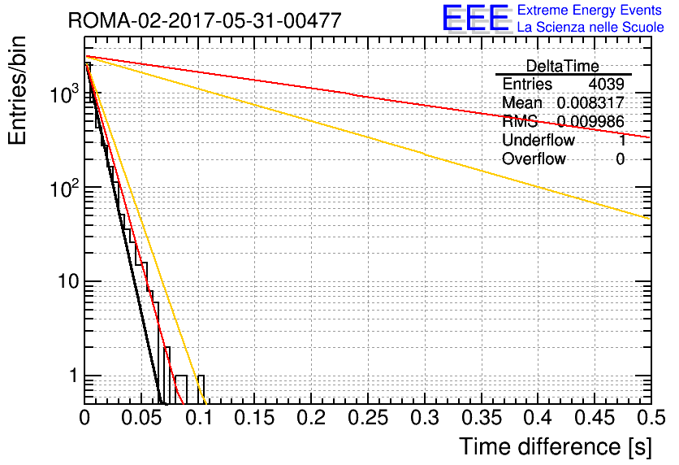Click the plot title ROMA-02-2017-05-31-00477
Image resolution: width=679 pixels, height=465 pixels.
pyautogui.click(x=205, y=20)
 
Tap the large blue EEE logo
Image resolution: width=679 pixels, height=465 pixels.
pyautogui.click(x=476, y=19)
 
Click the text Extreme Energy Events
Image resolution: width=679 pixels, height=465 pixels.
pyautogui.click(x=590, y=10)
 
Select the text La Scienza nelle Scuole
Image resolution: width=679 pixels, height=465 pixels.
pyautogui.click(x=590, y=27)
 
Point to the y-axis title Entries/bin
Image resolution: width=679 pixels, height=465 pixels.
pyautogui.click(x=17, y=91)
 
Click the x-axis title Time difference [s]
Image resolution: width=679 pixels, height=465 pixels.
pyautogui.click(x=556, y=446)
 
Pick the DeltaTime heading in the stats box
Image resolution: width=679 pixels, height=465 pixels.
pyautogui.click(x=562, y=66)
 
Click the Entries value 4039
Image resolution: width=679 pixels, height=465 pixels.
pyautogui.click(x=606, y=84)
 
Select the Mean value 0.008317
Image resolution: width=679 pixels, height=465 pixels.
pyautogui.click(x=590, y=102)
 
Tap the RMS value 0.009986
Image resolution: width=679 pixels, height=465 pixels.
pyautogui.click(x=590, y=121)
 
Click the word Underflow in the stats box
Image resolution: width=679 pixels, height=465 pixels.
pyautogui.click(x=538, y=140)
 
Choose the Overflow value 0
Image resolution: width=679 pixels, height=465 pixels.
pyautogui.click(x=620, y=159)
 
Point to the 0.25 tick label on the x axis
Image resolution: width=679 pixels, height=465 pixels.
pyautogui.click(x=368, y=418)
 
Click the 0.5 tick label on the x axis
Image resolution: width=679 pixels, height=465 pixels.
pyautogui.click(x=651, y=418)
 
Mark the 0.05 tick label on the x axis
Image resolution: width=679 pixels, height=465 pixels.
pyautogui.click(x=141, y=418)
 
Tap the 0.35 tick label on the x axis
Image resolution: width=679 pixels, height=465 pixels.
pyautogui.click(x=482, y=418)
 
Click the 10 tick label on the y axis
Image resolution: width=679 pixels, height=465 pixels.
pyautogui.click(x=68, y=282)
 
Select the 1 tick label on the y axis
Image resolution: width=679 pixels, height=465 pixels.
pyautogui.click(x=73, y=376)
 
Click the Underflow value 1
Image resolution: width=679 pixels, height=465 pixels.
pyautogui.click(x=621, y=140)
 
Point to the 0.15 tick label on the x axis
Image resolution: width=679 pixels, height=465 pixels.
pyautogui.click(x=255, y=418)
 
